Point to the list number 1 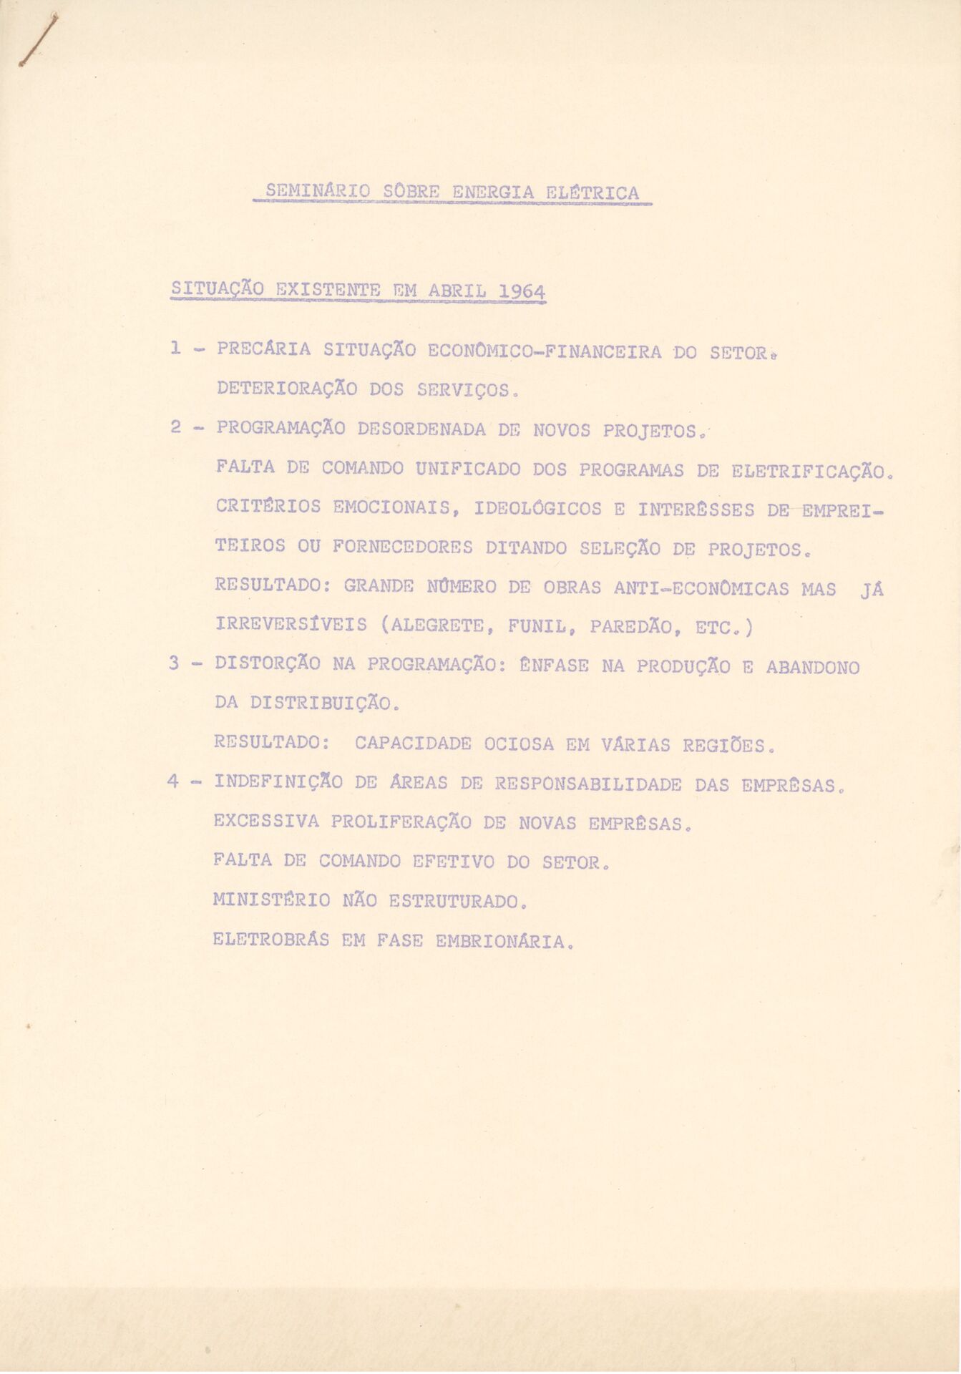click(x=176, y=349)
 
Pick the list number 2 click(x=176, y=428)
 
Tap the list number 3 click(x=175, y=663)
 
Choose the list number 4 click(x=174, y=782)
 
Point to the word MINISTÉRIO click(x=272, y=900)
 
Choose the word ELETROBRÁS click(x=271, y=940)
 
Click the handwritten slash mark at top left click(x=31, y=43)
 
